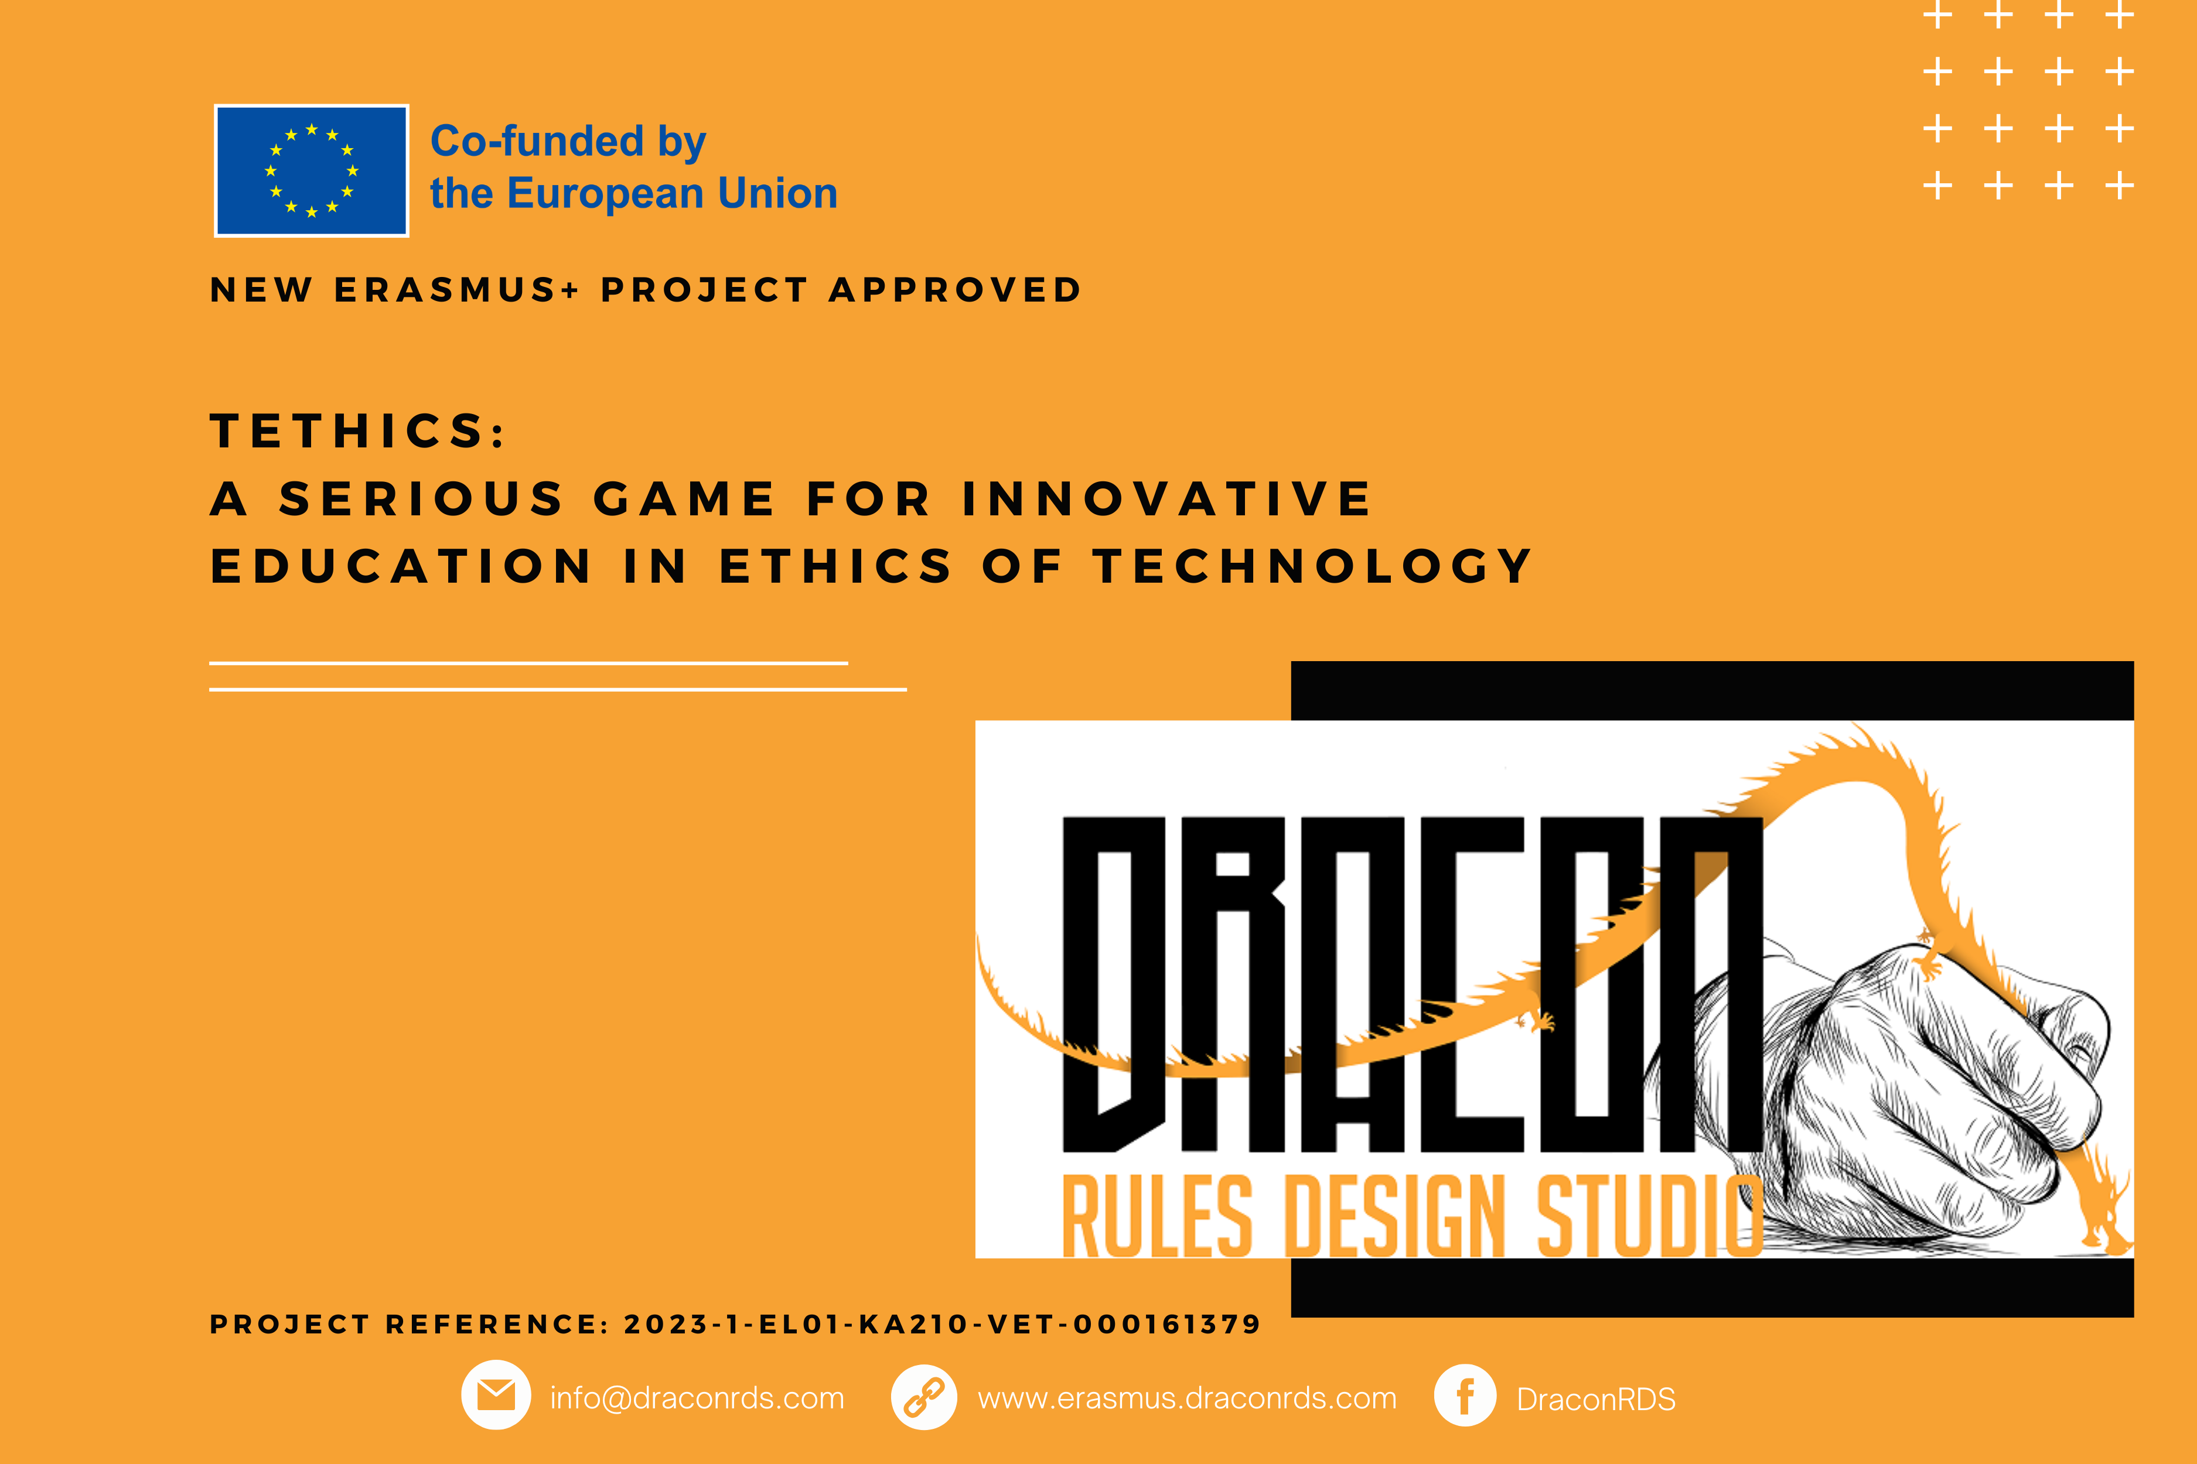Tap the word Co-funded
(537, 141)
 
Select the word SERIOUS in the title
(422, 498)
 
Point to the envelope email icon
(496, 1395)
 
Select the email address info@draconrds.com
(697, 1398)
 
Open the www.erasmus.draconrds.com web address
(1187, 1398)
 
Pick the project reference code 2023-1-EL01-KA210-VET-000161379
(943, 1324)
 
